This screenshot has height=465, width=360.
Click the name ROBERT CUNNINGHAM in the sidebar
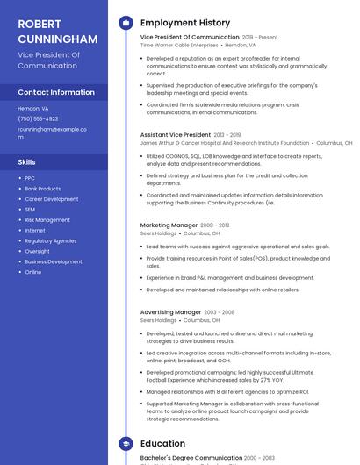click(57, 31)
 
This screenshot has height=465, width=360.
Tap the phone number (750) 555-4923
click(38, 118)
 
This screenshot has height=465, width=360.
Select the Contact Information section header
click(56, 92)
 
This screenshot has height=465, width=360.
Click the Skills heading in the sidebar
click(27, 162)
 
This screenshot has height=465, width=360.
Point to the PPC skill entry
click(30, 178)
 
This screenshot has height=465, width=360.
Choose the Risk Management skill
click(47, 220)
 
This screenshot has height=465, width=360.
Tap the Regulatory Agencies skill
click(50, 240)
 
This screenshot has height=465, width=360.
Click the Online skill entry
click(32, 272)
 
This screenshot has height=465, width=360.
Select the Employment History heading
click(184, 23)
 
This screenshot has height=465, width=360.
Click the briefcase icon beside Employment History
click(126, 23)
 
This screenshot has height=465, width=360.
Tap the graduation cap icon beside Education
click(126, 444)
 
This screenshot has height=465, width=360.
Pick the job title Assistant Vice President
click(176, 135)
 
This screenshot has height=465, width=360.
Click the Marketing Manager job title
click(169, 225)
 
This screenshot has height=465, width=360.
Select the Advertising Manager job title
click(170, 312)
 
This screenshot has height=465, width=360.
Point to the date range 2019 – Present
click(259, 38)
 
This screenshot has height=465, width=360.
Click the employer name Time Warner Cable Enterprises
click(179, 45)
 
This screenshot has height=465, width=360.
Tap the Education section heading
click(162, 444)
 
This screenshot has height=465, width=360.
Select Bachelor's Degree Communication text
click(191, 458)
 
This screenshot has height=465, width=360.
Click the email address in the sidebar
click(52, 132)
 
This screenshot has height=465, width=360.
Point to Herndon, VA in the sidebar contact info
click(33, 108)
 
